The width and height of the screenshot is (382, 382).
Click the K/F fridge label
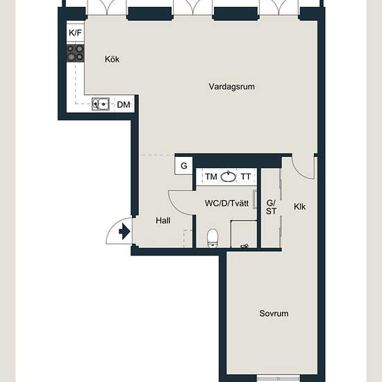click(75, 33)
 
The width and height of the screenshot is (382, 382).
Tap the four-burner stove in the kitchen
click(75, 53)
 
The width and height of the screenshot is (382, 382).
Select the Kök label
click(112, 59)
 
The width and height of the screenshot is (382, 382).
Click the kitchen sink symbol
click(101, 104)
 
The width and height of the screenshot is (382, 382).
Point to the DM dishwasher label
click(124, 105)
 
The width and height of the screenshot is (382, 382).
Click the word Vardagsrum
click(232, 87)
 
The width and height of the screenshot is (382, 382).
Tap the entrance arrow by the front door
click(124, 231)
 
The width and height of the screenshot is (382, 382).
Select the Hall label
click(163, 221)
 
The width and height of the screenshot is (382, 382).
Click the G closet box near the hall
click(183, 166)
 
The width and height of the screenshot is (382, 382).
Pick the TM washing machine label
click(211, 176)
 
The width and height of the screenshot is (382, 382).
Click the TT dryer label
click(246, 176)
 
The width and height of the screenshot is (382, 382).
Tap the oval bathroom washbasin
click(229, 176)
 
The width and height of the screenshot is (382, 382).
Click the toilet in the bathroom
click(213, 238)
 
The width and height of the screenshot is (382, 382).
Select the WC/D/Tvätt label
click(227, 204)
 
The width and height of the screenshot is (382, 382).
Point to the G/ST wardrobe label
click(271, 207)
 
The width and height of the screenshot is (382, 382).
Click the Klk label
click(299, 207)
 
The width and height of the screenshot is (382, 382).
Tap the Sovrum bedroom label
click(274, 313)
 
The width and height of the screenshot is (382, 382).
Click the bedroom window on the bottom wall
click(279, 379)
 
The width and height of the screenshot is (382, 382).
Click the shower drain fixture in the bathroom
click(244, 247)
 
